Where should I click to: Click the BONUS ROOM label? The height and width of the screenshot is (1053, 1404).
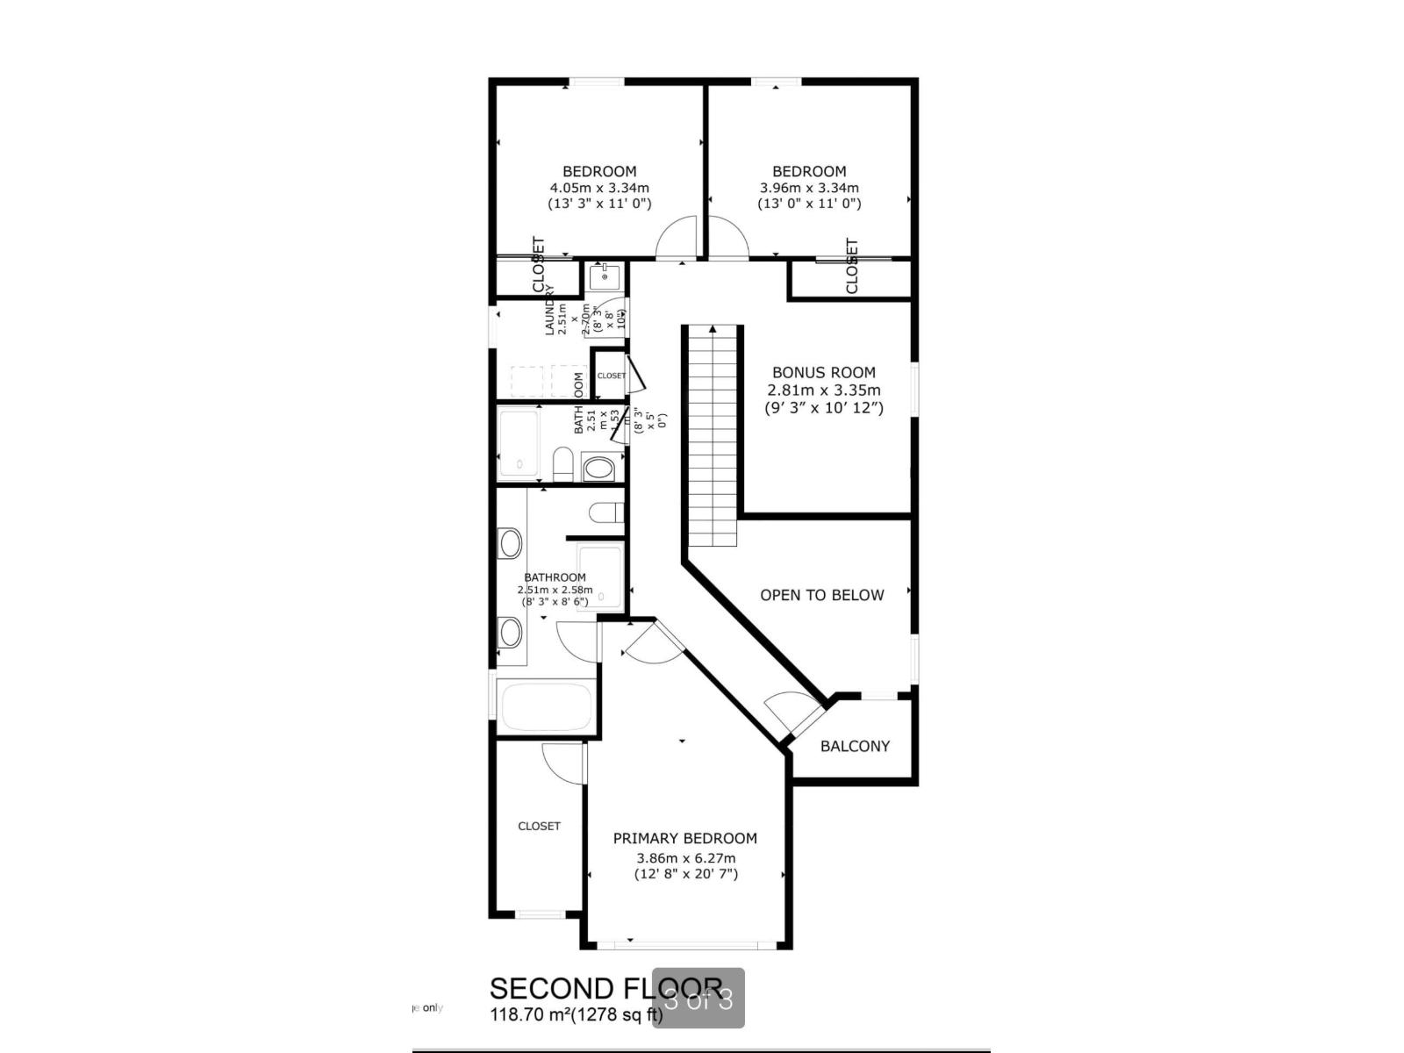point(823,372)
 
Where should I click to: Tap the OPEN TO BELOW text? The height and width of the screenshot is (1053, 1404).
point(821,595)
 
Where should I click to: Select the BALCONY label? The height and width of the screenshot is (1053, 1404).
point(855,746)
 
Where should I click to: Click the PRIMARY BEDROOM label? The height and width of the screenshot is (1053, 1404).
point(684,838)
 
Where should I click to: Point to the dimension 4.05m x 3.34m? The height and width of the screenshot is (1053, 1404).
point(599,188)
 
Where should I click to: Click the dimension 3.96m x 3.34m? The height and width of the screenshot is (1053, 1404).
point(809,188)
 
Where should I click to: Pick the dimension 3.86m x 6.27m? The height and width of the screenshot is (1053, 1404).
point(686,858)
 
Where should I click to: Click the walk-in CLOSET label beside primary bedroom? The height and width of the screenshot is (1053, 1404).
point(539,826)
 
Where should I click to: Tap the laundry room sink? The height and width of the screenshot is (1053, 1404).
point(604,277)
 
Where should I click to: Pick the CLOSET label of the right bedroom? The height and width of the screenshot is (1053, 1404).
point(851,266)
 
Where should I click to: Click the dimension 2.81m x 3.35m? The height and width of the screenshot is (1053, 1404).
point(823,390)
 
